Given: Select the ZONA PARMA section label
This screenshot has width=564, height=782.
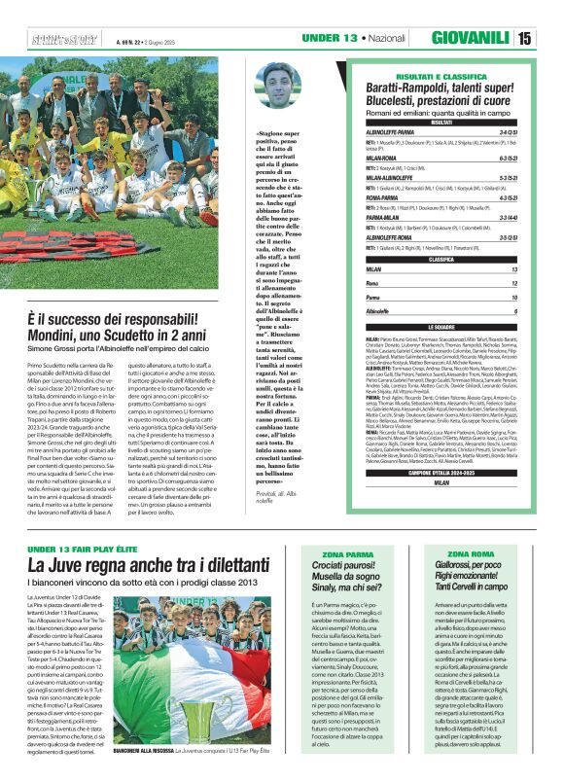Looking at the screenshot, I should [354, 554].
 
